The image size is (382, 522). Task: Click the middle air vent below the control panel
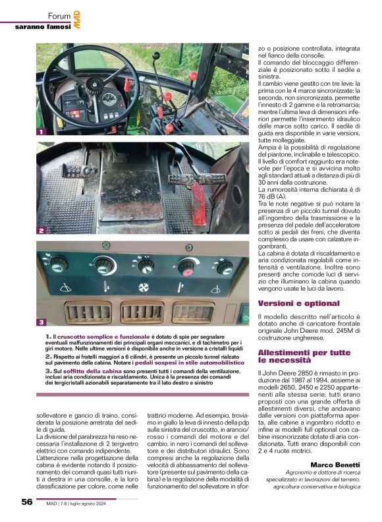click(142, 312)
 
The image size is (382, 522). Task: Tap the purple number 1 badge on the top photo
click(41, 132)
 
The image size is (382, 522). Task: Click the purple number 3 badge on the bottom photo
click(41, 322)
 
